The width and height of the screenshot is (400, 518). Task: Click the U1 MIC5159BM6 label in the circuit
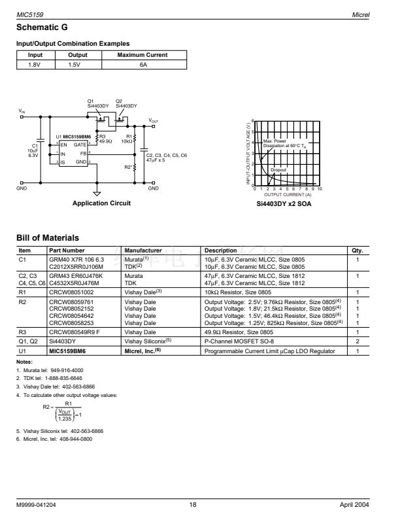pyautogui.click(x=73, y=136)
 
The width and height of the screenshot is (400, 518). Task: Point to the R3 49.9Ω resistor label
pyautogui.click(x=105, y=139)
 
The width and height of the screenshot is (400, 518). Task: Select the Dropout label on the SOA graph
pyautogui.click(x=279, y=169)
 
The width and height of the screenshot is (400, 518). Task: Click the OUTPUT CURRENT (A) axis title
pyautogui.click(x=287, y=194)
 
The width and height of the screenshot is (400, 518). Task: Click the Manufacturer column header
pyautogui.click(x=143, y=250)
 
